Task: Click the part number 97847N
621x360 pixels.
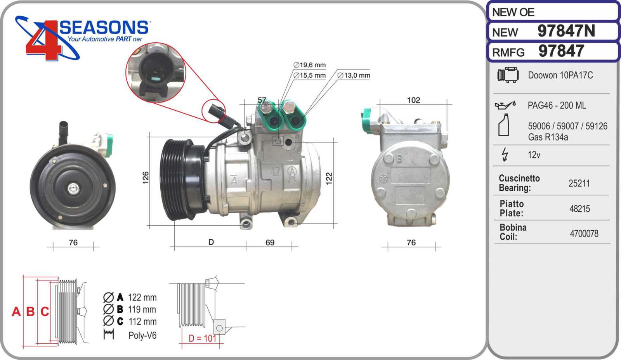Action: coord(566,31)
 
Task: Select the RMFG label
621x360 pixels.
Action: coord(508,52)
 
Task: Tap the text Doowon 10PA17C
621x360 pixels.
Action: coord(560,75)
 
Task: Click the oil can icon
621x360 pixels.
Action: coord(505,105)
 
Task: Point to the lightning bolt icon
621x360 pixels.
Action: coord(505,155)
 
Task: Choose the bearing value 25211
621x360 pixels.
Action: coord(579,183)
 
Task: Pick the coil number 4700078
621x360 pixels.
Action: coord(584,233)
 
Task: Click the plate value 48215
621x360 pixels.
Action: coord(579,209)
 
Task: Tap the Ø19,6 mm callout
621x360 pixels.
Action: coord(309,65)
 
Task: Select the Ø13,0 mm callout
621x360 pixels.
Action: coord(354,75)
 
